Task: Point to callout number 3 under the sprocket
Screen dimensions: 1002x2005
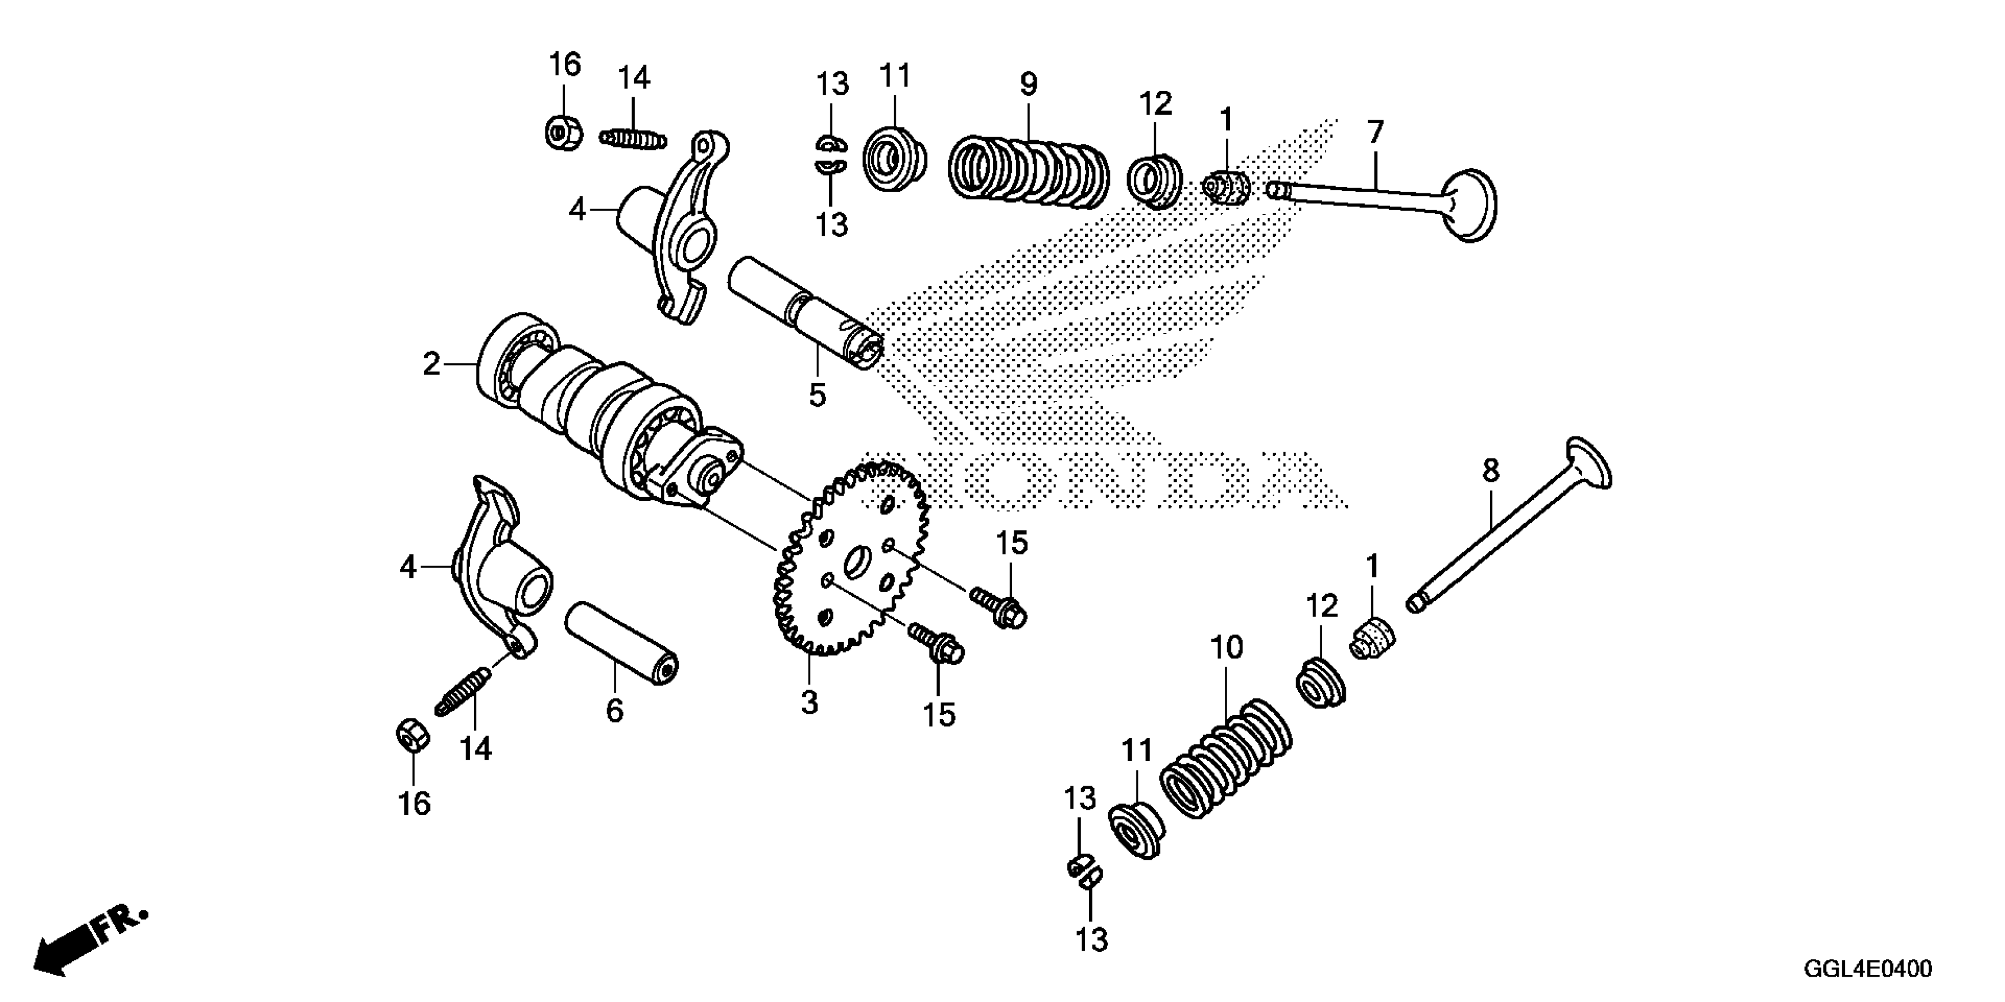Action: click(810, 703)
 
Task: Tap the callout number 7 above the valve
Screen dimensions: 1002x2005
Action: click(1375, 132)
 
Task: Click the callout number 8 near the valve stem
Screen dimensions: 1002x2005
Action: click(1490, 471)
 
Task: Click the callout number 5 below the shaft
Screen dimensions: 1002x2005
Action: click(817, 395)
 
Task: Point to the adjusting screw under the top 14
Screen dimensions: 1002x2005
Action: click(633, 139)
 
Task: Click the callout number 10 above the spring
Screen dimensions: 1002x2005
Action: click(1226, 647)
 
